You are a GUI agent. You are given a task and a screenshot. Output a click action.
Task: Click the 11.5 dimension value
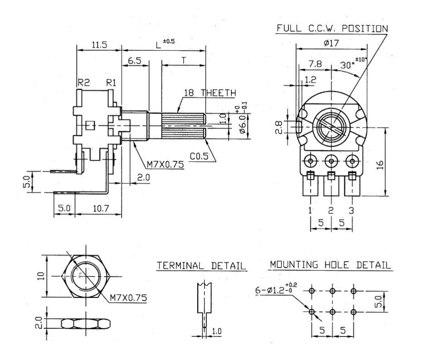click(x=99, y=45)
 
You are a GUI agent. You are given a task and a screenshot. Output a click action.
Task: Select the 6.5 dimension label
click(x=135, y=61)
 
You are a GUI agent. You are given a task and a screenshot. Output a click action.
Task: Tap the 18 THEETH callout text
click(x=210, y=93)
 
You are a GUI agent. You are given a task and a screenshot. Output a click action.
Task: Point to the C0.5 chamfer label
click(x=199, y=156)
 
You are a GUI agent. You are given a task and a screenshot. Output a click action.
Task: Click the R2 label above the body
click(x=84, y=83)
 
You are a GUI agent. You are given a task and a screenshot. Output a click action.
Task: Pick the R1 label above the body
click(x=111, y=83)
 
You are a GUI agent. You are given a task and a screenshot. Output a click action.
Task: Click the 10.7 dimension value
click(x=101, y=208)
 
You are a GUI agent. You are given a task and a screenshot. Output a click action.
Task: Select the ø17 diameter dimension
click(x=331, y=43)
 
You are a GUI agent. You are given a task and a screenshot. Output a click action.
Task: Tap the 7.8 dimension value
click(x=315, y=64)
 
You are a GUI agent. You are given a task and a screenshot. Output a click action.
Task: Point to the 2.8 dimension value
click(x=280, y=127)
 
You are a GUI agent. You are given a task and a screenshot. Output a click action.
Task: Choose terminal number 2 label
click(x=331, y=211)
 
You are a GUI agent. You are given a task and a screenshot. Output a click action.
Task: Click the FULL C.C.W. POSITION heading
click(x=333, y=29)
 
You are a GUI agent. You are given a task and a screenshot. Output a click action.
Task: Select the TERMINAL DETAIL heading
click(x=201, y=266)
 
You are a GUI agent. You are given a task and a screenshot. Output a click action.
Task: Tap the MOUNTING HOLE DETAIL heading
click(x=331, y=265)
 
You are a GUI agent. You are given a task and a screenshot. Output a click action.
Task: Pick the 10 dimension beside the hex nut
click(x=41, y=276)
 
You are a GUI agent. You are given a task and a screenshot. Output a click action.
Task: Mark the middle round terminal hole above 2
click(x=331, y=162)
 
